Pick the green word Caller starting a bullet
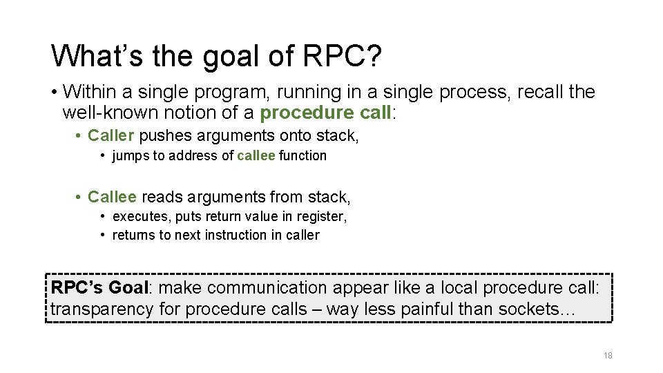point(110,135)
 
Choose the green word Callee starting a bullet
point(112,198)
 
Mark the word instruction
point(225,236)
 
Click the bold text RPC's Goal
point(100,288)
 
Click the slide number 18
point(608,356)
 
